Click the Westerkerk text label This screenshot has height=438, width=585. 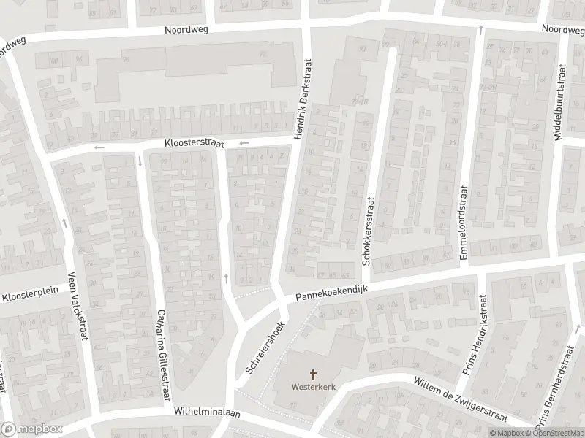(x=314, y=387)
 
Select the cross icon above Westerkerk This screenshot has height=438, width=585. (x=314, y=374)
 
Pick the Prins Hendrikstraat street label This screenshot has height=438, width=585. (x=474, y=335)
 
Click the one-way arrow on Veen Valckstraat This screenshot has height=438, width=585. (x=65, y=221)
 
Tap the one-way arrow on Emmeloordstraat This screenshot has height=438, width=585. (x=480, y=30)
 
